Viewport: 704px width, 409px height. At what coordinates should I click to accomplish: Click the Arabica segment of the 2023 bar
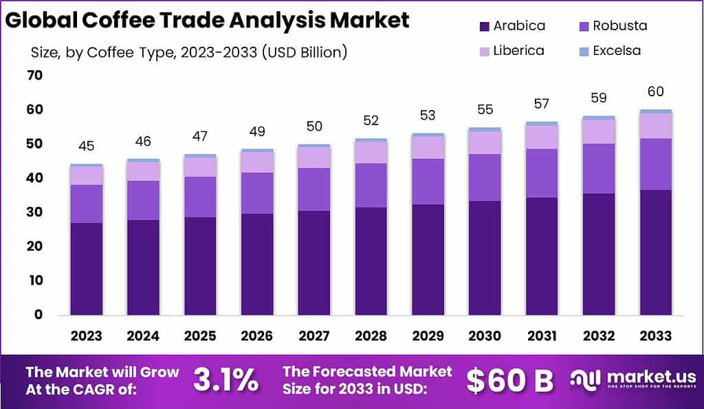[x=86, y=269]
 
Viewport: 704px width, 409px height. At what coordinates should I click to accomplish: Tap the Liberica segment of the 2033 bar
[x=655, y=126]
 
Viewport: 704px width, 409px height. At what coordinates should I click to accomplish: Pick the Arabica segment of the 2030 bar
[x=485, y=258]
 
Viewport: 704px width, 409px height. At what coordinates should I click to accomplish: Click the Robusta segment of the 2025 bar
[x=200, y=197]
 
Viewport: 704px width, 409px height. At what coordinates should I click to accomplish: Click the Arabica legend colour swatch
[x=483, y=27]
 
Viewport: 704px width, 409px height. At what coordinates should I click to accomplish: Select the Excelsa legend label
[x=617, y=51]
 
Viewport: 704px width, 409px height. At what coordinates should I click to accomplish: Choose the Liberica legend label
[x=519, y=51]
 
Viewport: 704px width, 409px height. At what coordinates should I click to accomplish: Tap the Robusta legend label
[x=621, y=26]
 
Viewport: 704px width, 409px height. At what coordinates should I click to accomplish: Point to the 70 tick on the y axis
[x=34, y=76]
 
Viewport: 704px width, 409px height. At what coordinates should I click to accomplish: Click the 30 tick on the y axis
[x=34, y=212]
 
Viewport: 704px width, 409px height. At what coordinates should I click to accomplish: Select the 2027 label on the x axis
[x=314, y=336]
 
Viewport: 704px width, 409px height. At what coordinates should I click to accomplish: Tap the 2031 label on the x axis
[x=542, y=336]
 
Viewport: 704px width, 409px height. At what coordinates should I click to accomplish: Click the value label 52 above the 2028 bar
[x=371, y=120]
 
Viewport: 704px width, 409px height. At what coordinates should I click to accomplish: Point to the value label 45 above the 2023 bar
[x=86, y=146]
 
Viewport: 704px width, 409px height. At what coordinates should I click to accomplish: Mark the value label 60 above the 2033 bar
[x=655, y=91]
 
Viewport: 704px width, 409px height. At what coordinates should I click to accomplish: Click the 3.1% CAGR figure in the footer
[x=226, y=380]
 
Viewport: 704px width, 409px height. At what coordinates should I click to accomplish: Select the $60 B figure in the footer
[x=509, y=380]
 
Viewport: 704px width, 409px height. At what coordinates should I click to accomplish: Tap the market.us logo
[x=632, y=380]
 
